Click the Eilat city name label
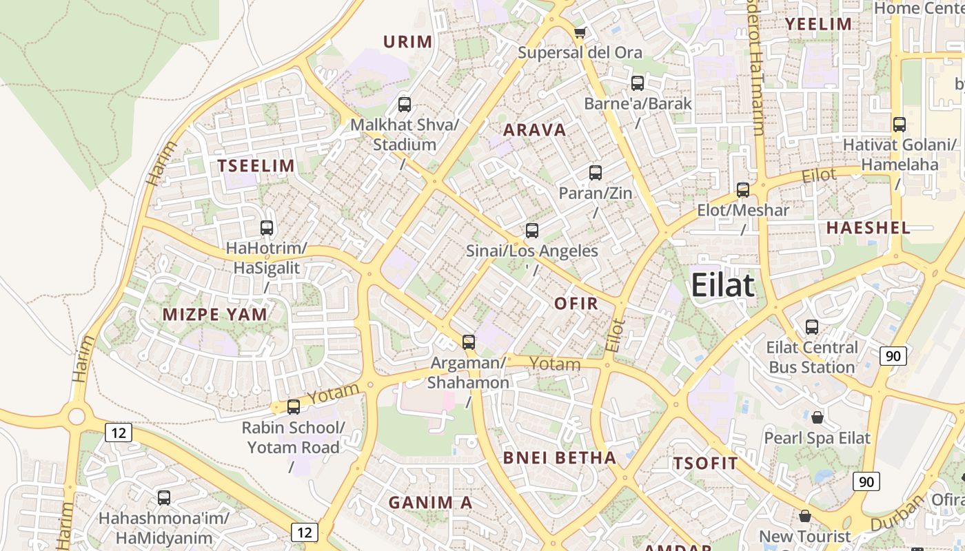(x=722, y=284)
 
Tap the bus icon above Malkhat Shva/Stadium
(x=405, y=105)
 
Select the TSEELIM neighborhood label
(x=256, y=166)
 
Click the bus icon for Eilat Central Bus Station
(x=812, y=327)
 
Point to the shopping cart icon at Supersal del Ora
(x=580, y=32)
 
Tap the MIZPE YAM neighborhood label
(x=214, y=315)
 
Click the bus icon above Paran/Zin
(x=596, y=173)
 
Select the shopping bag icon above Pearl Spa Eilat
(x=817, y=417)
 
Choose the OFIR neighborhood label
(x=576, y=303)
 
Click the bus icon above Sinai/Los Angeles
(x=532, y=231)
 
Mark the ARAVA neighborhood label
(x=534, y=130)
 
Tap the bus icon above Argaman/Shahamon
(x=469, y=342)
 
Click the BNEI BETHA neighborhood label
(x=559, y=458)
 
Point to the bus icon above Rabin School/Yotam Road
(x=294, y=407)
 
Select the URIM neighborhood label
(x=407, y=42)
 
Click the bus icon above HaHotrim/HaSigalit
(x=267, y=228)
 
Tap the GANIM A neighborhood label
(x=430, y=503)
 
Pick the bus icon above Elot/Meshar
(x=743, y=190)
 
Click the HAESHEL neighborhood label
(x=868, y=228)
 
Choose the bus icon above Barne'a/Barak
(x=638, y=83)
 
